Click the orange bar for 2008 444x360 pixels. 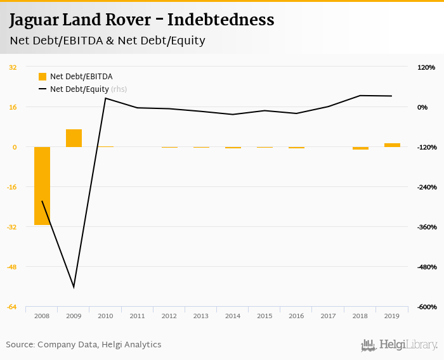pyautogui.click(x=42, y=186)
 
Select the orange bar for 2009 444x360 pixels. pyautogui.click(x=74, y=138)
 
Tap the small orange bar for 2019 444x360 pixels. pyautogui.click(x=392, y=145)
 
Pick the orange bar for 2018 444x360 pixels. pyautogui.click(x=360, y=148)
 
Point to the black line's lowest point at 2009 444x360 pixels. pyautogui.click(x=74, y=287)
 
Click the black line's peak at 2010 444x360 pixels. pyautogui.click(x=106, y=98)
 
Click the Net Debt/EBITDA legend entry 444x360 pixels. pyautogui.click(x=76, y=77)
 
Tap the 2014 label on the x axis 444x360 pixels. pyautogui.click(x=233, y=316)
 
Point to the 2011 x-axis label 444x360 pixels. pyautogui.click(x=138, y=316)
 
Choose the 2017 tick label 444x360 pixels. pyautogui.click(x=329, y=316)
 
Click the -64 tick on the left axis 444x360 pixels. pyautogui.click(x=13, y=307)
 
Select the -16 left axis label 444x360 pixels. pyautogui.click(x=13, y=187)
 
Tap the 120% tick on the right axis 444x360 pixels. pyautogui.click(x=427, y=67)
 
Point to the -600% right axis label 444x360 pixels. pyautogui.click(x=426, y=307)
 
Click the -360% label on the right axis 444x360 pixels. pyautogui.click(x=426, y=227)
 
